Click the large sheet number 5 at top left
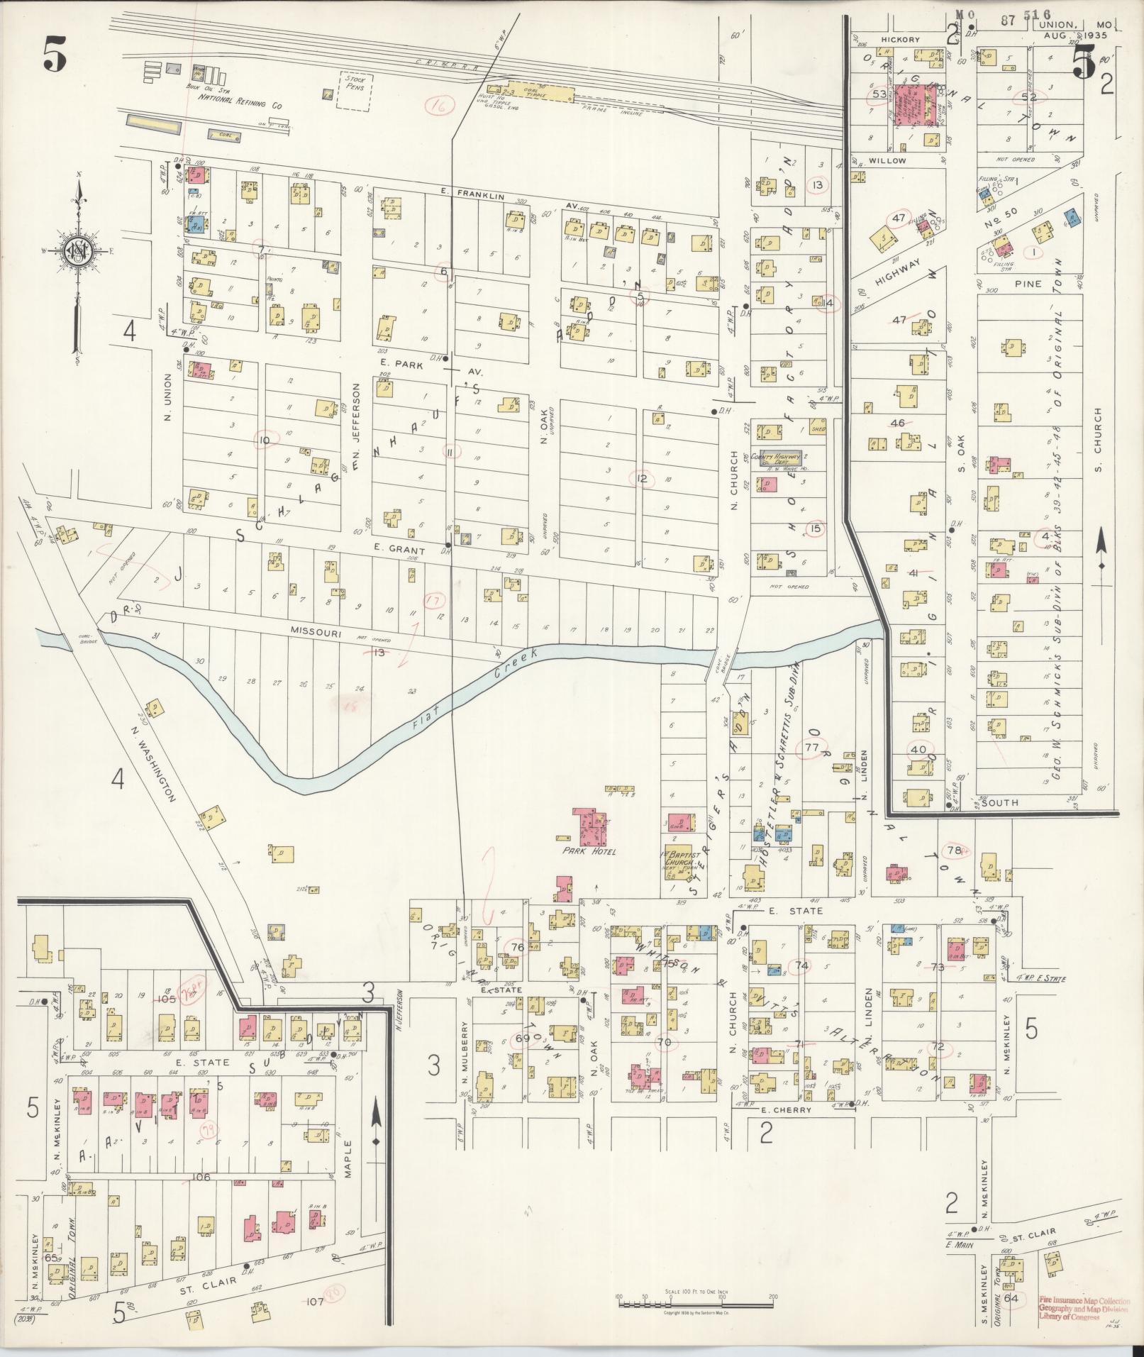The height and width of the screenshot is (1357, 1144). (x=55, y=55)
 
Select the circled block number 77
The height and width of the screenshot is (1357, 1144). (x=812, y=747)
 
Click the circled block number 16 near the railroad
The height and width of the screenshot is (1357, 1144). (x=440, y=106)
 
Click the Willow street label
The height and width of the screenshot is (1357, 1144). (x=888, y=161)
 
